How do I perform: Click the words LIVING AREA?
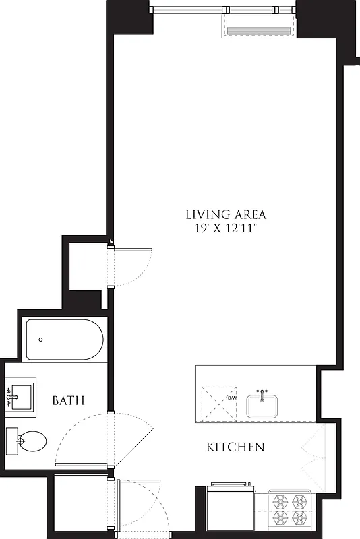point(226,215)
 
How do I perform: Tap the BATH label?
point(69,400)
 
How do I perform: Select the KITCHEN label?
point(235,447)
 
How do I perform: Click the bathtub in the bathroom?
point(64,340)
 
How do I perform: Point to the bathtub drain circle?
point(41,340)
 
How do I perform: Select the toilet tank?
point(12,441)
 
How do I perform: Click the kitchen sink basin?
point(262,406)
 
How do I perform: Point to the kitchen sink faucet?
point(262,391)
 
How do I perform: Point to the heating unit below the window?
point(258,30)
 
